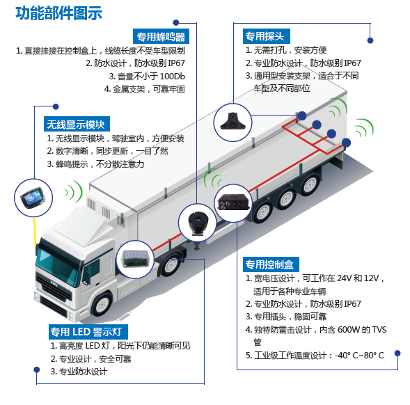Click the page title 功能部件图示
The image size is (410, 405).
point(59,13)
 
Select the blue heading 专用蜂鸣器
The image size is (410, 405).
point(161,37)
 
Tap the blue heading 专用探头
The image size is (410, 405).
point(266,36)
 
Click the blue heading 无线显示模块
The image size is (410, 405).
point(77,124)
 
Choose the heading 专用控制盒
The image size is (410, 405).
point(271,264)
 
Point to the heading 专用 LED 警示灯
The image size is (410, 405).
point(88,332)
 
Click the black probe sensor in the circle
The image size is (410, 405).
point(232,122)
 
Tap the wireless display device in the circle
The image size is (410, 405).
point(33,198)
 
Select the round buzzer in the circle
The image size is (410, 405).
point(198,223)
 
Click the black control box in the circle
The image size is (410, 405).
point(233,202)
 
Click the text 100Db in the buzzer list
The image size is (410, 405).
point(173,77)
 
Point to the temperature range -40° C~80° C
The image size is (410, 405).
point(359,356)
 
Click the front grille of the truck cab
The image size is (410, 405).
point(54,286)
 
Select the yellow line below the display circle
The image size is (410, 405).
point(35,232)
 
